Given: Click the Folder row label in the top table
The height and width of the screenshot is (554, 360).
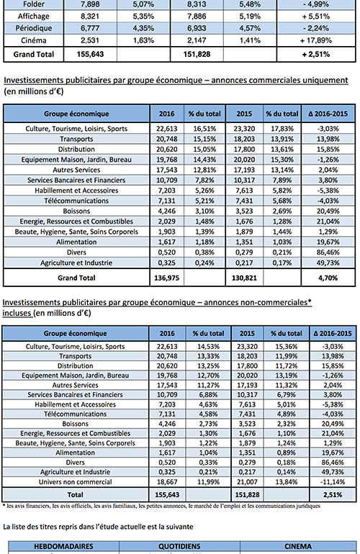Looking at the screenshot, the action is (34, 4).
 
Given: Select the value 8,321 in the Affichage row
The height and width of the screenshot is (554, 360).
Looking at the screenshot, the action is (90, 17).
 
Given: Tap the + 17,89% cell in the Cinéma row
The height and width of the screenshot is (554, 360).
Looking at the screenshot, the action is (316, 40).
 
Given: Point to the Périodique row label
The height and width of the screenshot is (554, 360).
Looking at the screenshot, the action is (34, 28).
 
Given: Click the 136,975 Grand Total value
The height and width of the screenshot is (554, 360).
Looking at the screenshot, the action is (166, 278).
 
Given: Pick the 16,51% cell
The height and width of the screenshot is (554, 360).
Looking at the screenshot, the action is (204, 129).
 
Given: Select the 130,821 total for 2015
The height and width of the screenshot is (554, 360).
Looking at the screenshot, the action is (244, 278).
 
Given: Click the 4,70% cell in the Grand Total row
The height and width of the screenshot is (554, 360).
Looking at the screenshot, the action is (328, 278).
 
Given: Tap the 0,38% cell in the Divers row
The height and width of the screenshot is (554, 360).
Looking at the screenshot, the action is (204, 253).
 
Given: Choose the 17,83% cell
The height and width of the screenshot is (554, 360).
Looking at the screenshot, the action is (282, 129).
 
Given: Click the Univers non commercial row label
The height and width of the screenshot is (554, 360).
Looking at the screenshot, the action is (75, 482).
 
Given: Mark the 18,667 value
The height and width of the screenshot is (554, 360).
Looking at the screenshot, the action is (167, 482).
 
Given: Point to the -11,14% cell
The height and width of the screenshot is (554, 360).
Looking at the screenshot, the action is (333, 482).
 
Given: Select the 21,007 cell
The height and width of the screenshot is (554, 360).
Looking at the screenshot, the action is (247, 482).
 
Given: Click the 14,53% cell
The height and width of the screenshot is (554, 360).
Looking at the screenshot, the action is (208, 347).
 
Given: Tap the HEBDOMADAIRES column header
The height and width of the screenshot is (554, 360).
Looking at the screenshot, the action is (63, 546).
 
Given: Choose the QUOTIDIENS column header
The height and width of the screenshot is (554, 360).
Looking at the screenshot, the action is (179, 546).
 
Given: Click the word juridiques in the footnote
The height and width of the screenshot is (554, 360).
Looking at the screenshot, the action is (310, 506).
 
